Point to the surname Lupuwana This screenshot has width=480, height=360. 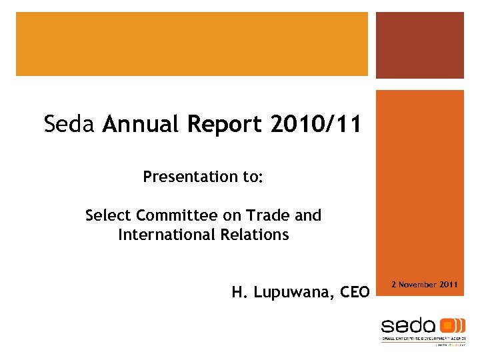294,292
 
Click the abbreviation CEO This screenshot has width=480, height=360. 354,292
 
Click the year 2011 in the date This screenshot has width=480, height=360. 449,285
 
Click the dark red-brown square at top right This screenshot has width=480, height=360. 419,45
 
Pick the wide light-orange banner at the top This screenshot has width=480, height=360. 192,43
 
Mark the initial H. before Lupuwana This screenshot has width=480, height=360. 237,292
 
